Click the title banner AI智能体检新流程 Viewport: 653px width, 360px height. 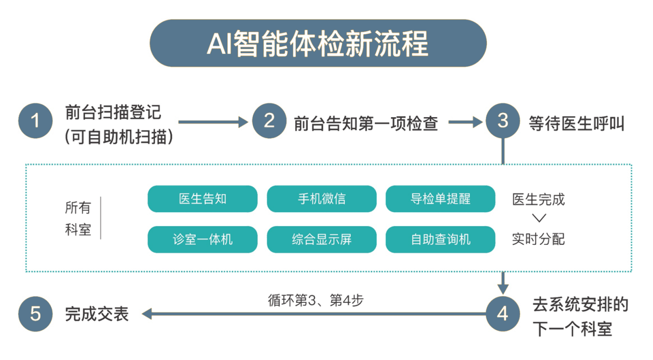tap(318, 44)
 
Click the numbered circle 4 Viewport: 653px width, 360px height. tap(502, 314)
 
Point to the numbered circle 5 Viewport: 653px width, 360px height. tap(35, 314)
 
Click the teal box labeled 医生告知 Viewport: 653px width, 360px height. tap(202, 199)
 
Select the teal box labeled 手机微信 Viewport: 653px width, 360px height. tap(321, 199)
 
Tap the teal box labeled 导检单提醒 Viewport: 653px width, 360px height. tap(440, 199)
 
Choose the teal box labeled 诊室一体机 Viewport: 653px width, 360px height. tap(202, 239)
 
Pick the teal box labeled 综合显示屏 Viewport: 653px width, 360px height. tap(321, 239)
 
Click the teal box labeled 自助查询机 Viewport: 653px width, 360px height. tap(440, 239)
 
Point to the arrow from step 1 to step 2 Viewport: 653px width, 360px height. tap(213, 122)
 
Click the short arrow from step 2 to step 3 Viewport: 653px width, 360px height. tap(466, 122)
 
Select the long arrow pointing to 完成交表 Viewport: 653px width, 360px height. tap(311, 314)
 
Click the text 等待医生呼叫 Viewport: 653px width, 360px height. tap(576, 123)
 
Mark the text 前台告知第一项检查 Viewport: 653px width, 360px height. tap(366, 123)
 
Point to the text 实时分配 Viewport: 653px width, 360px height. tap(538, 239)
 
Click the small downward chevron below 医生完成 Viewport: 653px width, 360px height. tap(538, 219)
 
